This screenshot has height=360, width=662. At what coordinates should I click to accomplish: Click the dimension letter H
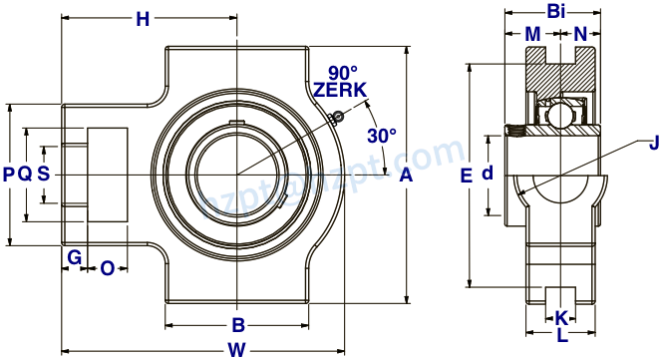pyautogui.click(x=143, y=18)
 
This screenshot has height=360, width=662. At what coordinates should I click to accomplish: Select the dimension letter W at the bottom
pyautogui.click(x=236, y=349)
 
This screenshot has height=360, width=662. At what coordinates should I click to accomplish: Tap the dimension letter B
pyautogui.click(x=238, y=324)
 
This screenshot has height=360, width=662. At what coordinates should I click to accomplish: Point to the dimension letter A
pyautogui.click(x=405, y=176)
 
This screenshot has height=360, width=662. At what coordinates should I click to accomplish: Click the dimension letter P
pyautogui.click(x=9, y=174)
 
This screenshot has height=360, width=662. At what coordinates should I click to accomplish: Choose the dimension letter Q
pyautogui.click(x=26, y=174)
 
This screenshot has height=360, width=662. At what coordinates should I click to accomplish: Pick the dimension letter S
pyautogui.click(x=43, y=174)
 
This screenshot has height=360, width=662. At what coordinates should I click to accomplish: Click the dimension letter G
pyautogui.click(x=74, y=257)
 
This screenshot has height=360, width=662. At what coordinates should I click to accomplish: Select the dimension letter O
pyautogui.click(x=108, y=266)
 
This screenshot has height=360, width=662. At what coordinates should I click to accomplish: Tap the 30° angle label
pyautogui.click(x=381, y=135)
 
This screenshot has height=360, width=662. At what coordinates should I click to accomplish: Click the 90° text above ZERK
pyautogui.click(x=342, y=73)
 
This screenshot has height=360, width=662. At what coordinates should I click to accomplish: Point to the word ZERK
pyautogui.click(x=340, y=90)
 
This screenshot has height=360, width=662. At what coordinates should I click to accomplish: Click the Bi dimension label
pyautogui.click(x=557, y=12)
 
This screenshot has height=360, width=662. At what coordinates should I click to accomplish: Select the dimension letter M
pyautogui.click(x=533, y=34)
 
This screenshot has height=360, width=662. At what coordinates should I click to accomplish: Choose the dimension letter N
pyautogui.click(x=580, y=34)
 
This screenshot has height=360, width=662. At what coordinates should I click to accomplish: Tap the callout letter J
pyautogui.click(x=653, y=143)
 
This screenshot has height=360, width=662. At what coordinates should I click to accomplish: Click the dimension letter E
pyautogui.click(x=466, y=176)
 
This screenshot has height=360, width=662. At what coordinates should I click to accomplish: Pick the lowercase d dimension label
pyautogui.click(x=488, y=174)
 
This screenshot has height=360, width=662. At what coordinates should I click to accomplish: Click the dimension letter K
pyautogui.click(x=561, y=318)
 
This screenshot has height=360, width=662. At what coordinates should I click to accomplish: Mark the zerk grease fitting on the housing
pyautogui.click(x=337, y=118)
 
